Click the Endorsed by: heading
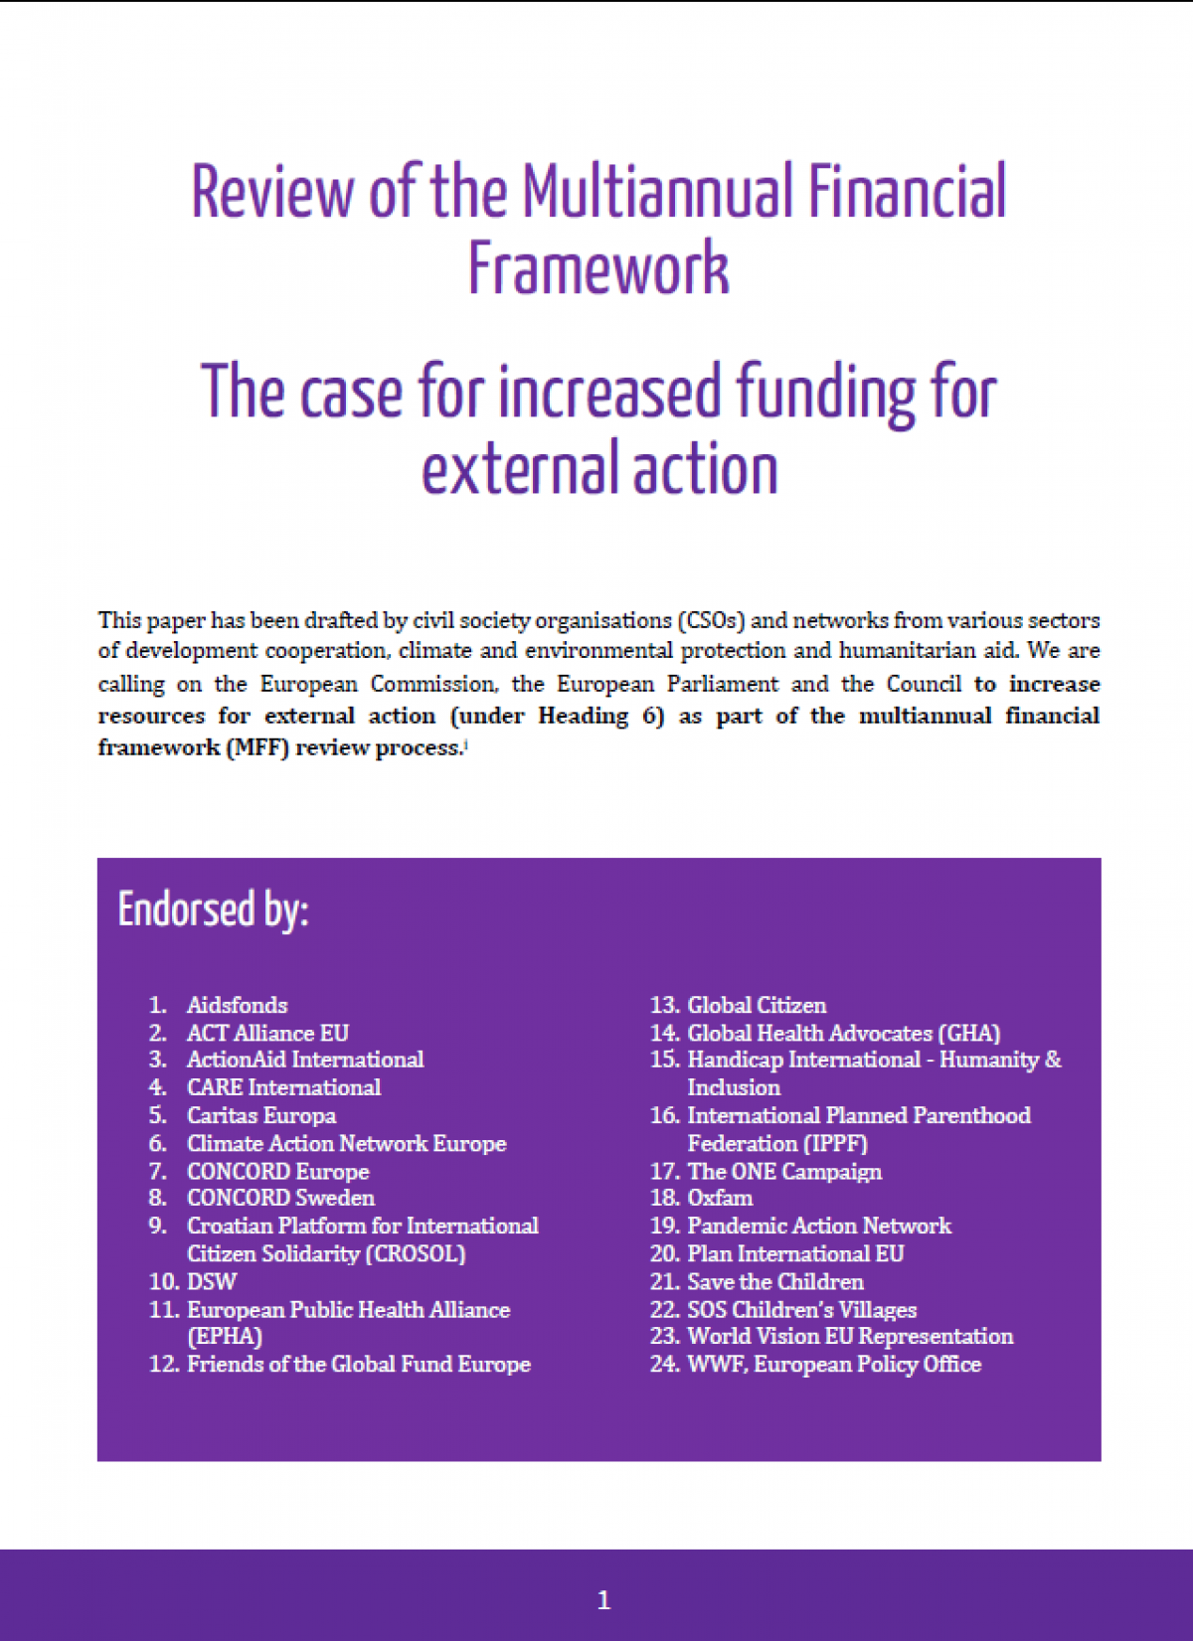[214, 909]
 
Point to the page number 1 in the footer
[603, 1599]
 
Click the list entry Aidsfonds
[237, 1005]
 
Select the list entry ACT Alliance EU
[267, 1033]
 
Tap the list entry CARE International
[283, 1087]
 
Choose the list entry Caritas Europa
[261, 1115]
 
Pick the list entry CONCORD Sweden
[280, 1198]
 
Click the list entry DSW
[212, 1281]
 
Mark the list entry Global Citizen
[757, 1005]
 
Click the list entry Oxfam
[720, 1198]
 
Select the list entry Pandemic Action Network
[819, 1226]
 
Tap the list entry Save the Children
[775, 1281]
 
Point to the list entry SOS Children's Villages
[801, 1309]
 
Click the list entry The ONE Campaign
[784, 1171]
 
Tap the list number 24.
[664, 1364]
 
